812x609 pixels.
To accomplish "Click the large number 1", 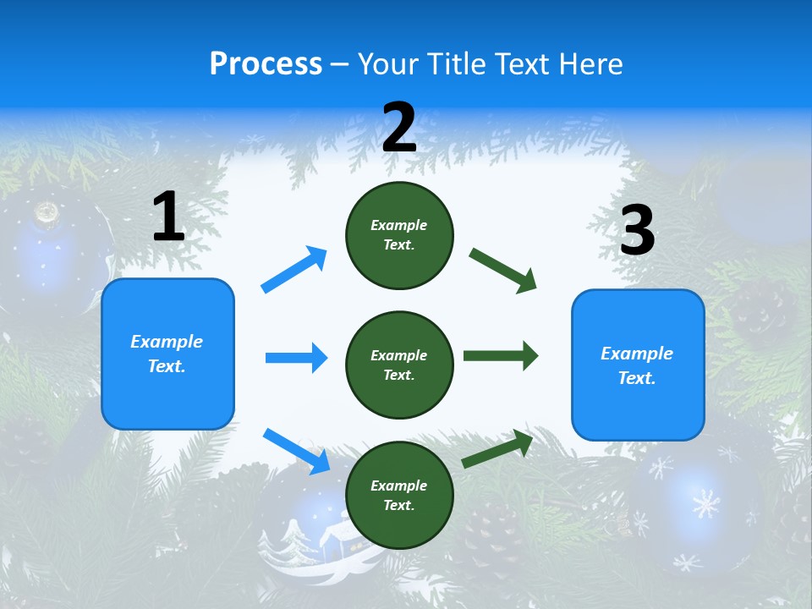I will pos(168,217).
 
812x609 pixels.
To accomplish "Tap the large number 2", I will pos(399,128).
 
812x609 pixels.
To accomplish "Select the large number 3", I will pos(637,230).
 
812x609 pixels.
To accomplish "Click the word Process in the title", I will pos(266,63).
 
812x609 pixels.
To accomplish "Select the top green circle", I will pos(399,235).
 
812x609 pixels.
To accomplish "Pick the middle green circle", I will pos(399,365).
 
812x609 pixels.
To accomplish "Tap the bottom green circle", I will pos(399,495).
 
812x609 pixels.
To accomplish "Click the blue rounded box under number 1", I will pos(167,354).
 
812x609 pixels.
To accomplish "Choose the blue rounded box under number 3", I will pos(638,365).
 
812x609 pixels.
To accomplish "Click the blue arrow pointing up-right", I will pos(294,269).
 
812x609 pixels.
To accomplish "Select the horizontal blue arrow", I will pos(296,358).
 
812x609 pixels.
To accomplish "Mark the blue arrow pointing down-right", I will pos(296,450).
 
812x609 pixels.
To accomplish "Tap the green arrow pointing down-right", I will pos(503,270).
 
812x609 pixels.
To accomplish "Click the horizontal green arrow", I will pos(501,355).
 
